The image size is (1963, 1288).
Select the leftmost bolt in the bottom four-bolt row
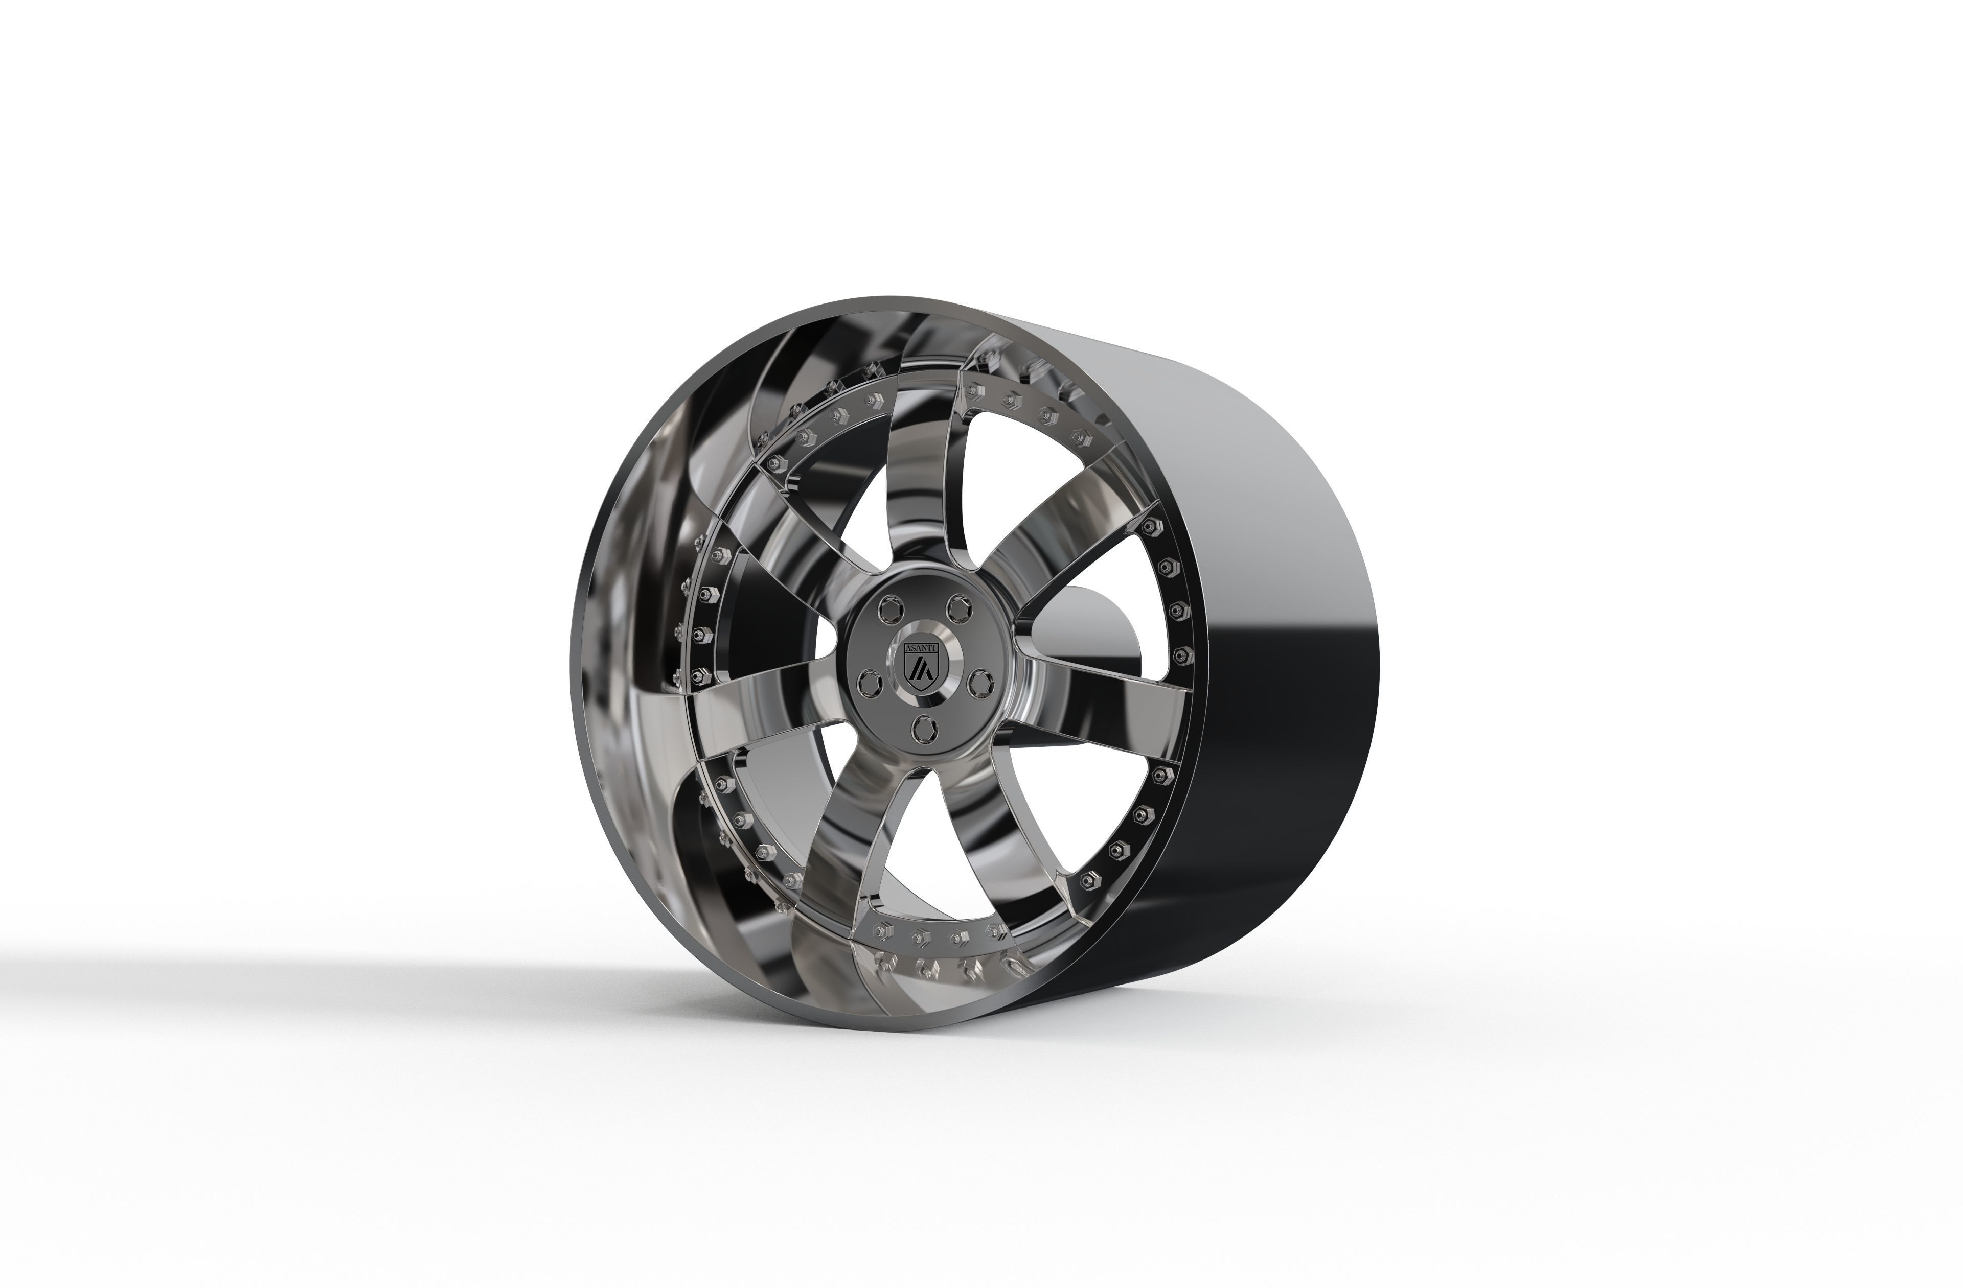(879, 931)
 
